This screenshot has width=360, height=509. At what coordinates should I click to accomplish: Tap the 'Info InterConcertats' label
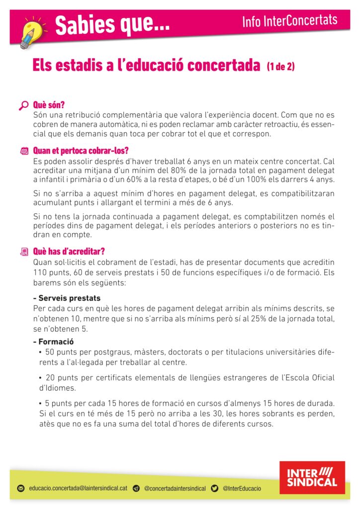(290, 20)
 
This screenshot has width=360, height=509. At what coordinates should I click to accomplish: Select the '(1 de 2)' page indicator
(280, 66)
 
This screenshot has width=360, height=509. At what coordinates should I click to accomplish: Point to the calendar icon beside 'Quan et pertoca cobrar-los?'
(24, 151)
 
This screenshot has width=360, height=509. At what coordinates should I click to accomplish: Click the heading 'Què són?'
(49, 105)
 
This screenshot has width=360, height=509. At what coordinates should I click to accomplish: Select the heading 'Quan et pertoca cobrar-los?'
(84, 150)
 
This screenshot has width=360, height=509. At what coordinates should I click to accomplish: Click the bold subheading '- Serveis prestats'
(67, 298)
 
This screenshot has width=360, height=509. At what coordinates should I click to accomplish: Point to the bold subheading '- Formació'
(53, 341)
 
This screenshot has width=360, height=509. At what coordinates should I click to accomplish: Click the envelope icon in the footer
(21, 489)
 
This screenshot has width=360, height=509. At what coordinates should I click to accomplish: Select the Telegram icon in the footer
(136, 489)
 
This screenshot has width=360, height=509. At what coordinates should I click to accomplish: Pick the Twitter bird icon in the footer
(215, 489)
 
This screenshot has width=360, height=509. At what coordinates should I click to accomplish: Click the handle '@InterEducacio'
(242, 489)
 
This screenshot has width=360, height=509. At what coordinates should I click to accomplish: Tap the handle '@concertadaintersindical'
(175, 489)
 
